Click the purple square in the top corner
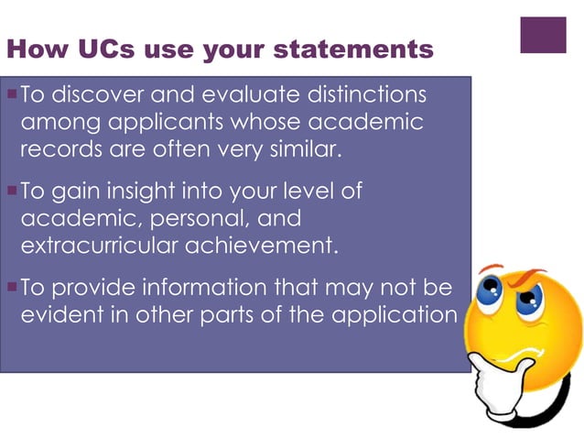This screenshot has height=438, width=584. (543, 36)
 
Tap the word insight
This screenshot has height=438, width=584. (160, 192)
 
